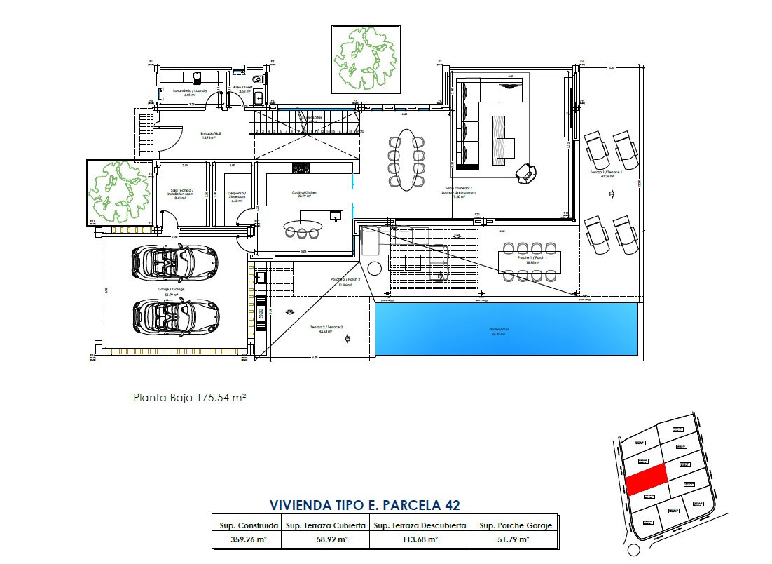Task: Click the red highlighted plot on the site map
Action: (645, 482)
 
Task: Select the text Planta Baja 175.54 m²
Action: (189, 397)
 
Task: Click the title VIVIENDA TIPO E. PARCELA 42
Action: (364, 505)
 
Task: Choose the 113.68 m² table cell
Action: (418, 539)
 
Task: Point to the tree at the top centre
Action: (365, 59)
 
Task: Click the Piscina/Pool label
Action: (499, 330)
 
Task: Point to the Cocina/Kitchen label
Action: (305, 193)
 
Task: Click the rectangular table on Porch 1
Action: (529, 261)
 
